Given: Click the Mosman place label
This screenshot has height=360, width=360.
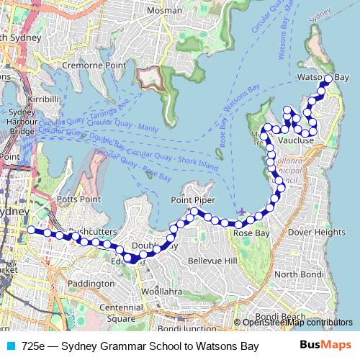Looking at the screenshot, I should [164, 11].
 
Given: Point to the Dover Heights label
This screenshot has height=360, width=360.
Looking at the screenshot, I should [316, 233].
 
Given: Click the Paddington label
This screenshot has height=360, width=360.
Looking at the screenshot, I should [90, 284].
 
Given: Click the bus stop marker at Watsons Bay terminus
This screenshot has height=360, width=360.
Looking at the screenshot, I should [328, 79].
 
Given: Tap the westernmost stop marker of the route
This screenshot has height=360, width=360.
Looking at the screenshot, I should [30, 230].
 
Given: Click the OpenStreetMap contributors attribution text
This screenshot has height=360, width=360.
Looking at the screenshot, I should [297, 323].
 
